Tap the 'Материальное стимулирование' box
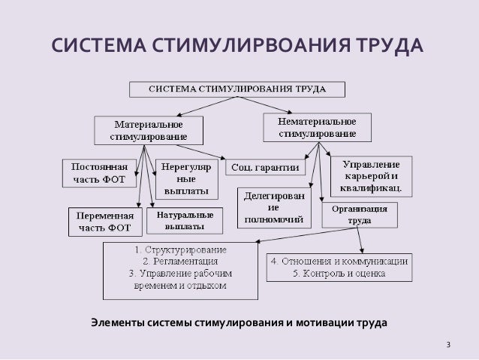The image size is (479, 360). coord(149,129)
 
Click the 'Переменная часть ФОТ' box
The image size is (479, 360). coord(104,220)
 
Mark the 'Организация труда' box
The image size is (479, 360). coord(360,215)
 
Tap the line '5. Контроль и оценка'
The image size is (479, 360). coord(339,274)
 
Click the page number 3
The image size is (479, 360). coord(448,345)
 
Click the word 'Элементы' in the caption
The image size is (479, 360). coord(116,323)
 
